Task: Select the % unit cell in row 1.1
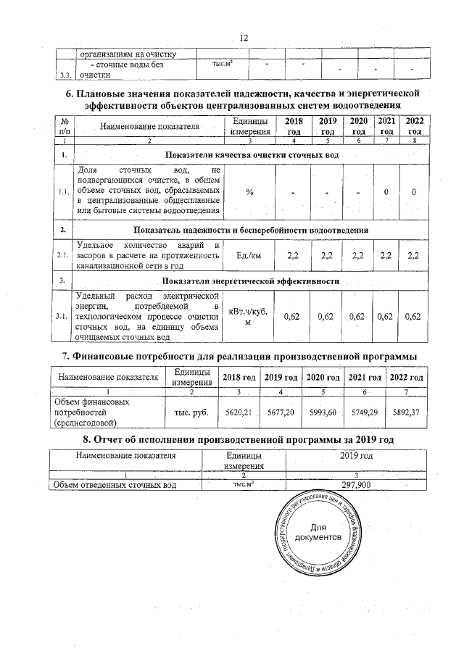click(x=249, y=192)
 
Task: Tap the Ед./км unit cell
click(x=249, y=257)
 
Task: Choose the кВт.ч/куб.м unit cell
click(x=249, y=317)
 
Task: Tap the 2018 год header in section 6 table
click(x=294, y=126)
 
